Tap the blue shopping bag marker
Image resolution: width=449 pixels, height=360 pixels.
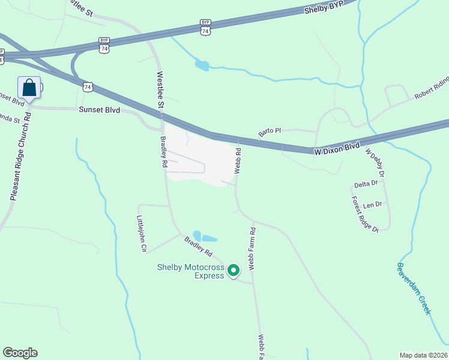(29, 88)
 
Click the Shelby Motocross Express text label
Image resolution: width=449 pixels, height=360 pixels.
(191, 271)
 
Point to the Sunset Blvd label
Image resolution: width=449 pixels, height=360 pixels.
(100, 110)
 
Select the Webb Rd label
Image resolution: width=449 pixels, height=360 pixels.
(238, 161)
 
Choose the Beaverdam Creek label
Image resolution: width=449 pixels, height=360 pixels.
(414, 287)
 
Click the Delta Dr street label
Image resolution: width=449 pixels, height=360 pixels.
(366, 183)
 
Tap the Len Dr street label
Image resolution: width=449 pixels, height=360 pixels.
(372, 205)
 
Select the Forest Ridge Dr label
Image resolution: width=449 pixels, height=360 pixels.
(364, 214)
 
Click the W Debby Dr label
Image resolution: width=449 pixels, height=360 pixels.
(374, 163)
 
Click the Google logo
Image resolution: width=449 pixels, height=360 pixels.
(20, 353)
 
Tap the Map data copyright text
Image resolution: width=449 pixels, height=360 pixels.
(423, 355)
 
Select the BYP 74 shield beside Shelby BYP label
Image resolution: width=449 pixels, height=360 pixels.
(206, 28)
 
